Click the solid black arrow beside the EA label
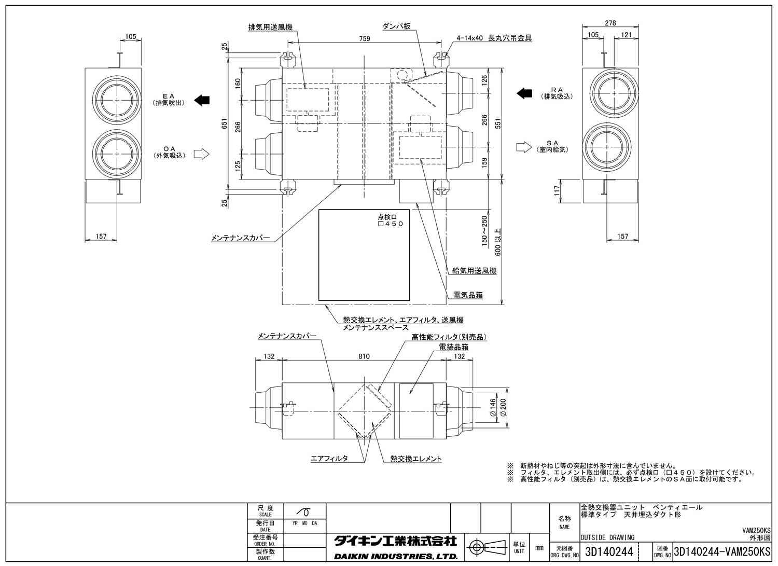tap(202, 100)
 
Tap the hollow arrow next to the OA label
tap(201, 154)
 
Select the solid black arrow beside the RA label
tap(524, 93)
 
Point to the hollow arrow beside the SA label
tap(524, 147)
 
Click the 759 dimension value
tap(364, 39)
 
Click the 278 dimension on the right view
tap(610, 23)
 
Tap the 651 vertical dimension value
tap(224, 125)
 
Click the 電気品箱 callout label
tap(468, 295)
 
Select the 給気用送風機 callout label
tap(474, 271)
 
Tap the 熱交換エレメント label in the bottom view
tap(416, 459)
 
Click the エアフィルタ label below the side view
tap(329, 459)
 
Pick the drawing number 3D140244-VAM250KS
tap(721, 551)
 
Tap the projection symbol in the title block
tap(486, 546)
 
